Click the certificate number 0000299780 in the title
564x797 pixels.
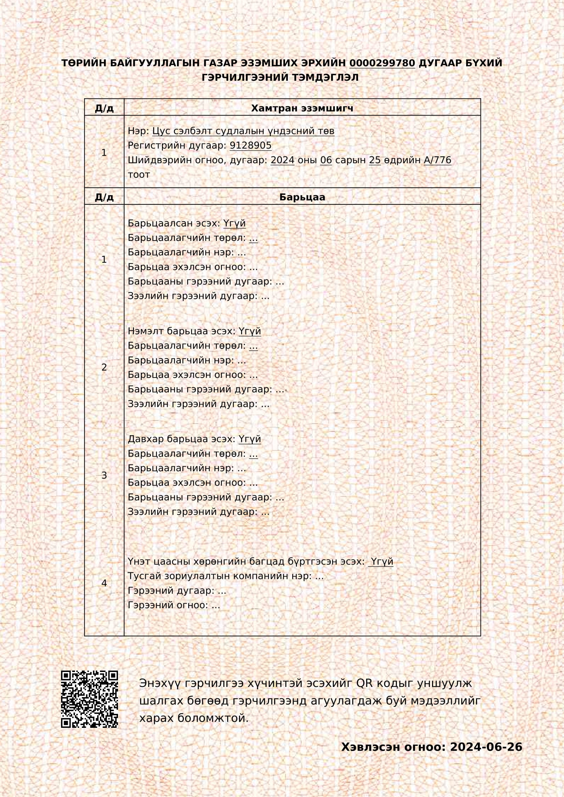pos(382,63)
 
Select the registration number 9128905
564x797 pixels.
pos(250,145)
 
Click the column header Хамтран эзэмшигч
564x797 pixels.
pos(302,108)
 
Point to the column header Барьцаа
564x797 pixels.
pos(302,197)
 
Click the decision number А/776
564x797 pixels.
pos(437,160)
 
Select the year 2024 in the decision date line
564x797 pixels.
pos(282,160)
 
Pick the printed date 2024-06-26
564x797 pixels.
pos(486,747)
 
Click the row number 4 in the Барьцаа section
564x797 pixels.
pos(104,583)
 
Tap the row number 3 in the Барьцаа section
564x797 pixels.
pos(104,475)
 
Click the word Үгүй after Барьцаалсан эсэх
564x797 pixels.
pos(234,223)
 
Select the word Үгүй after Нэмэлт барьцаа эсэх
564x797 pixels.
pos(250,331)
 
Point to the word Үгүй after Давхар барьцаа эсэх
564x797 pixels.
pos(250,439)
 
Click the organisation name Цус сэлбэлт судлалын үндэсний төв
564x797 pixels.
pos(243,131)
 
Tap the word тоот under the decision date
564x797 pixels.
pos(139,174)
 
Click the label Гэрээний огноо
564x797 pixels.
pos(168,605)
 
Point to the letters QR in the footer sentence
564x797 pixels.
pos(364,683)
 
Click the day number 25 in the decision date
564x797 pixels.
pos(375,160)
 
